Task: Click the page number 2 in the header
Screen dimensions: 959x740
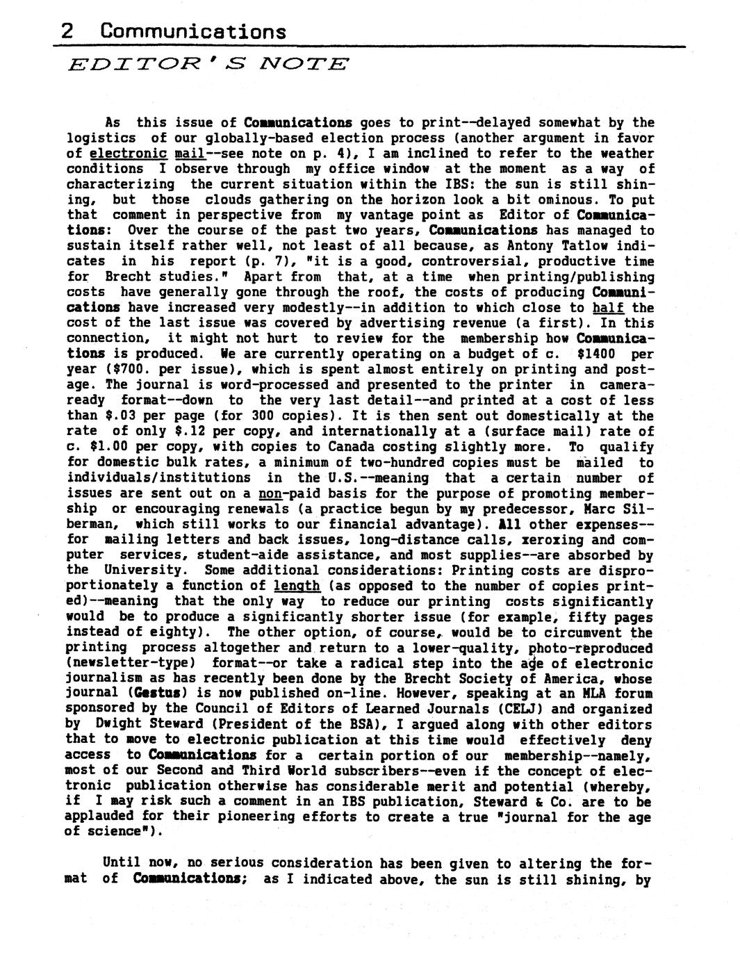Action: (x=67, y=31)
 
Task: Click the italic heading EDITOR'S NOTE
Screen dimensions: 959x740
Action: (x=208, y=65)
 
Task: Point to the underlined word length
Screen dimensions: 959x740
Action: (x=297, y=586)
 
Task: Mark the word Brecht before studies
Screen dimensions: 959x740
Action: (x=129, y=277)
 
